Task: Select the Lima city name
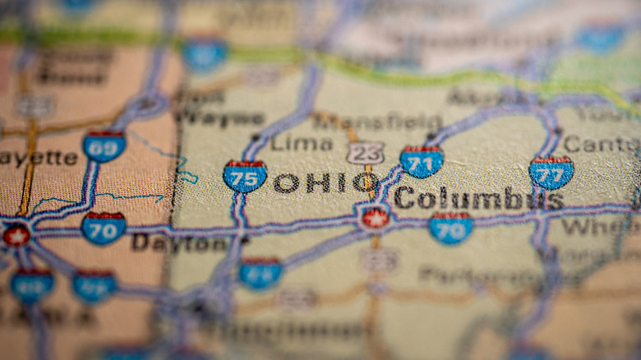[x=302, y=143]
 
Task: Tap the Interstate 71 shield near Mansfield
[x=422, y=161]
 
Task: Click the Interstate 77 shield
[x=551, y=173]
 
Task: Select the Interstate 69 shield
[x=104, y=145]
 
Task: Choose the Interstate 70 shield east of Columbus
[x=451, y=228]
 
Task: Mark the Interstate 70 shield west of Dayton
[x=104, y=228]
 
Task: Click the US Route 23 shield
[x=365, y=153]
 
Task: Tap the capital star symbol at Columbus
[x=376, y=218]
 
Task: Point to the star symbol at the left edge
[x=16, y=235]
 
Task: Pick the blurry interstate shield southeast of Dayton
[x=261, y=273]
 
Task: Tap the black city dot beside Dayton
[x=244, y=239]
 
